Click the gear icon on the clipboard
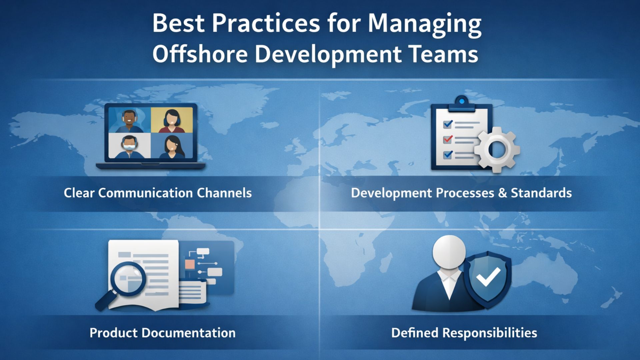[497, 150]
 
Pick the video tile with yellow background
[172, 120]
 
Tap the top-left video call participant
[130, 120]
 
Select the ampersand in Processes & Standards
[502, 193]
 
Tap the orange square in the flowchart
[190, 265]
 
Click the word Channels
[224, 193]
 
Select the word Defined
[415, 333]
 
